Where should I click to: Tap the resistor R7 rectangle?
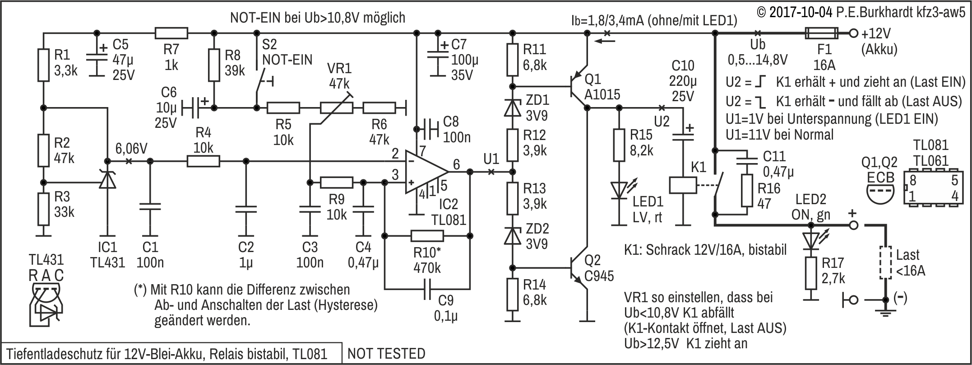click(171, 33)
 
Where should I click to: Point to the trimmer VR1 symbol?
click(336, 108)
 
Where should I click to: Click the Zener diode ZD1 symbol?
click(512, 108)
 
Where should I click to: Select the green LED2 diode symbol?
click(811, 240)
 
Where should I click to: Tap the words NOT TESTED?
click(387, 353)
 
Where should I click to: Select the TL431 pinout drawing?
click(46, 303)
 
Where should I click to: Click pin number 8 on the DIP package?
click(913, 180)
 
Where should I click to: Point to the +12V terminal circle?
click(853, 33)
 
